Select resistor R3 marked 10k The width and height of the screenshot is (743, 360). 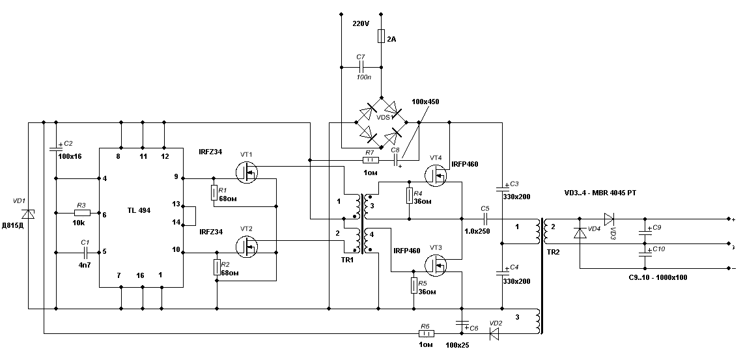[81, 213]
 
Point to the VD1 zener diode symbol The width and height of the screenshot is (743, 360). [28, 214]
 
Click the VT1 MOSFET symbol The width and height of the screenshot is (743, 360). [247, 171]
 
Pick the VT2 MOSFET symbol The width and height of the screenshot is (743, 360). [247, 245]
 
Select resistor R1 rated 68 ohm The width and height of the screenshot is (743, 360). [214, 193]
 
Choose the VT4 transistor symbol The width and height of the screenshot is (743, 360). [434, 175]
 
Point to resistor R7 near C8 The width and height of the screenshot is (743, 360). [369, 159]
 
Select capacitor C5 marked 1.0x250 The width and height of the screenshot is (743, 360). [484, 219]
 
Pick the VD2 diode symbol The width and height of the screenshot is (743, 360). [494, 334]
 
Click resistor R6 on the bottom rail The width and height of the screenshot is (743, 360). [426, 334]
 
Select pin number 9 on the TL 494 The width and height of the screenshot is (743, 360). [175, 177]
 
